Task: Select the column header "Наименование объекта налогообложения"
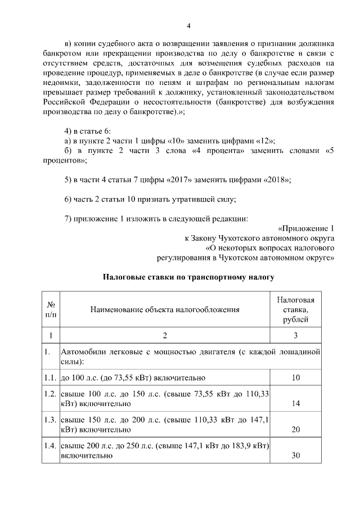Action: point(165,309)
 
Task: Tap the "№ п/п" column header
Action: point(51,309)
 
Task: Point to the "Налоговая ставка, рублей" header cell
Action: point(296,309)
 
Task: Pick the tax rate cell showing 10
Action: point(296,377)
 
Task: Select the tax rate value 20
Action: point(296,430)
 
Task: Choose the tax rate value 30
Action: point(296,456)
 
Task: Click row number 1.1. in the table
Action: point(51,377)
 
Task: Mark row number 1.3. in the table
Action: point(51,420)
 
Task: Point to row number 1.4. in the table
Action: point(51,446)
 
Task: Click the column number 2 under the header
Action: point(165,336)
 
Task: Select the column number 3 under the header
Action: point(296,336)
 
